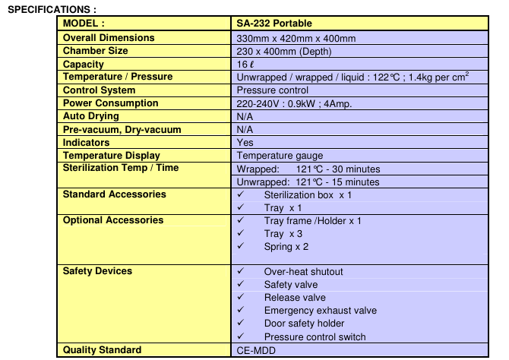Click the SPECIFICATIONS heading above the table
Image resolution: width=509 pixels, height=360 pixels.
pyautogui.click(x=51, y=8)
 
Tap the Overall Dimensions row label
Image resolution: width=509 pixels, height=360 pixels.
pyautogui.click(x=109, y=37)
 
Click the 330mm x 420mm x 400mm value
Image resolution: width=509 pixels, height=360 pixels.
pyautogui.click(x=296, y=38)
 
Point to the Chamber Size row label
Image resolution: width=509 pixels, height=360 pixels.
pyautogui.click(x=95, y=51)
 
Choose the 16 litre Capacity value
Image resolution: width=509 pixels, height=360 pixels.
pyautogui.click(x=242, y=65)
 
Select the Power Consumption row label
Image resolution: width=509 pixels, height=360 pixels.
pyautogui.click(x=111, y=103)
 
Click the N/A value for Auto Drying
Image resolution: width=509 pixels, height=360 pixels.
pyautogui.click(x=245, y=116)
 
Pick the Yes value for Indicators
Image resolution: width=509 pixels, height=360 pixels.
pyautogui.click(x=245, y=143)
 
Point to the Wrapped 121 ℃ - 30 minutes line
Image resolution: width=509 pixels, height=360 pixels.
pyautogui.click(x=308, y=169)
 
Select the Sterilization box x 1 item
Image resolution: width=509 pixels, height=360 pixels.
pyautogui.click(x=308, y=195)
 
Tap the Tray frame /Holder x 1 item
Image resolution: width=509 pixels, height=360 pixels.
pyautogui.click(x=312, y=221)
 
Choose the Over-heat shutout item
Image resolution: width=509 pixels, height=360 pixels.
pyautogui.click(x=303, y=272)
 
